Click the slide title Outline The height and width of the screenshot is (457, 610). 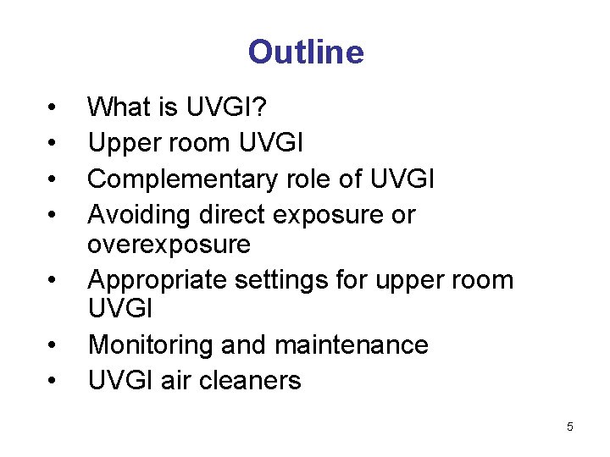(x=305, y=52)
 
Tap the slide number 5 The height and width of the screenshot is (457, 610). (x=570, y=427)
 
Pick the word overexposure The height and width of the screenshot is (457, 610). (x=169, y=245)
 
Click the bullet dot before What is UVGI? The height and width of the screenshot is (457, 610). (x=53, y=108)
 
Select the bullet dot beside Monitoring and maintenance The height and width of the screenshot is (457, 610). (x=53, y=346)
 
